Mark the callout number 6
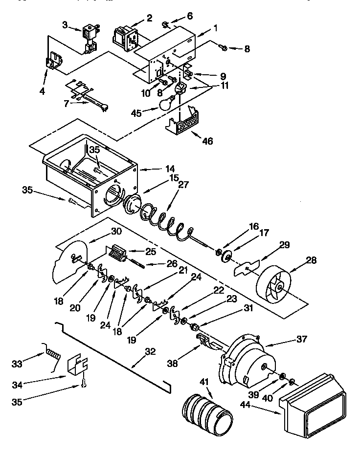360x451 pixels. [x=190, y=16]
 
